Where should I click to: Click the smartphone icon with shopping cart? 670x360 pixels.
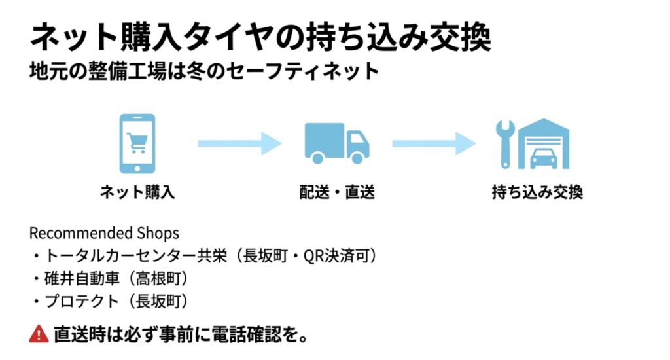tap(137, 143)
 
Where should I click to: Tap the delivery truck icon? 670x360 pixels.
tap(336, 143)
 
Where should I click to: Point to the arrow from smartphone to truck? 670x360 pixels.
tap(239, 142)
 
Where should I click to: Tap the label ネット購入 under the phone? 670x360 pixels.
tap(137, 192)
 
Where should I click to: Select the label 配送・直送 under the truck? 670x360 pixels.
tap(336, 192)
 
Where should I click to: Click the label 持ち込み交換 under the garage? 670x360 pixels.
tap(537, 192)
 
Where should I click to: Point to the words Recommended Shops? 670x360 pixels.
tap(104, 234)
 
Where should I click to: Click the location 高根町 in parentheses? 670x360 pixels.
tap(159, 278)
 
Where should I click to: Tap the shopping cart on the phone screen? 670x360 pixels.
tap(137, 140)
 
